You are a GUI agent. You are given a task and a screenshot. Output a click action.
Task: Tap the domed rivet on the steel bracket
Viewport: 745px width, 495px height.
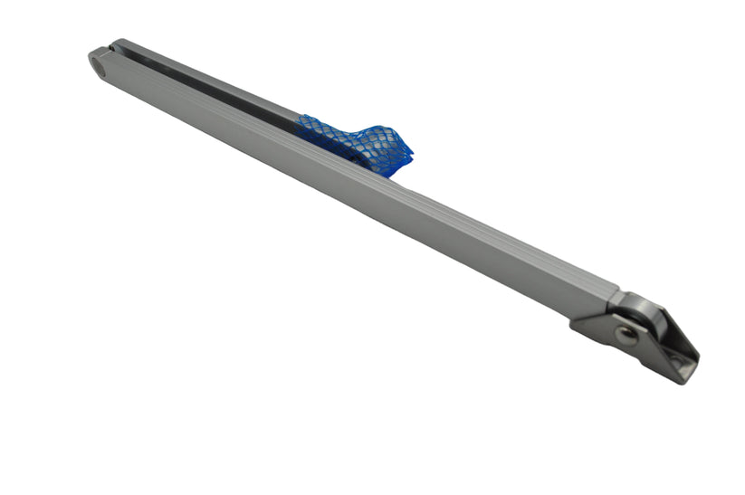pyautogui.click(x=624, y=332)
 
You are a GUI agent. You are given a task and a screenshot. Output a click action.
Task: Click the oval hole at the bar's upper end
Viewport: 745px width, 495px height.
pyautogui.click(x=99, y=61)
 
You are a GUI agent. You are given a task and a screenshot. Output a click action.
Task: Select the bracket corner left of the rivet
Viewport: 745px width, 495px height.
pyautogui.click(x=579, y=324)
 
